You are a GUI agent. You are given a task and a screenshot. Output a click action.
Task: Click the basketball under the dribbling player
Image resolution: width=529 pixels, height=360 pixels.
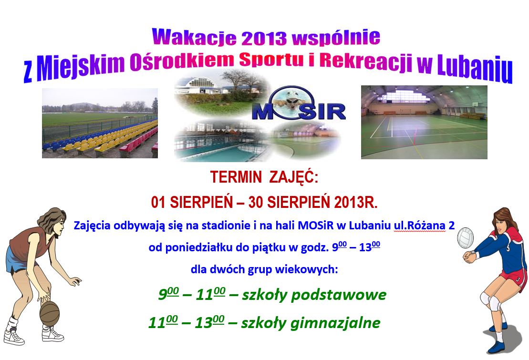coord(49,313)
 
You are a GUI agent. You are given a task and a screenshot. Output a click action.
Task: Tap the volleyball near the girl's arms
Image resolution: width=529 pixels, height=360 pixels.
coord(466,238)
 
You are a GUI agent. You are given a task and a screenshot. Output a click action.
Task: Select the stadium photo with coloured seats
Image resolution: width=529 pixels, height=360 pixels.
coord(100,123)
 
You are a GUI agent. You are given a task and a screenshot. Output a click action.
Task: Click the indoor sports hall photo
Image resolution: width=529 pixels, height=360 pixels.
coord(424,122)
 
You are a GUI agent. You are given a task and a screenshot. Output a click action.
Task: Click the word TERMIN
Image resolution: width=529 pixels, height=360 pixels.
coord(236,177)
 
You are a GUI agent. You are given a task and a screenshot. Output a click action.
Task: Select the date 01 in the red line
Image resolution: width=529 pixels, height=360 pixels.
coord(158,203)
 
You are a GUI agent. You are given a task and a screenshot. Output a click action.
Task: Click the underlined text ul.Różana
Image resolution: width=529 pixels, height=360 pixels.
coord(420,226)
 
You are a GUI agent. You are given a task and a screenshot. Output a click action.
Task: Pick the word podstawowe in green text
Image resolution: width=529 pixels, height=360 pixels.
coord(339,295)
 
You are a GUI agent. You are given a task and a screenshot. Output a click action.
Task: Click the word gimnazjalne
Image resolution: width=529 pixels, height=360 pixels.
coord(335,323)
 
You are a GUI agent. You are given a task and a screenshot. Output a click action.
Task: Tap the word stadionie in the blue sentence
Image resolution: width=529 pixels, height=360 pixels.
coord(225,226)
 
